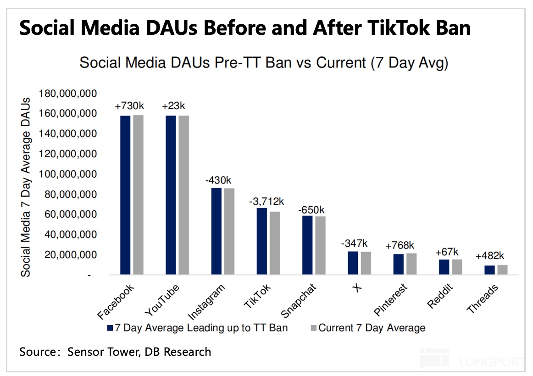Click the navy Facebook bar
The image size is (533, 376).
coord(125,195)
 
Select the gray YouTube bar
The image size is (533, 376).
coord(183,195)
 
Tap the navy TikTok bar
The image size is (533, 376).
coord(261,241)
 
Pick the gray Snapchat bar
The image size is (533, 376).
coord(320,245)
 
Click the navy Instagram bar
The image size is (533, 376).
coord(216,231)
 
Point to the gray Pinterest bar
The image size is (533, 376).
coord(411,264)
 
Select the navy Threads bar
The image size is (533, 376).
coord(490,270)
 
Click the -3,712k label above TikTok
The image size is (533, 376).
coord(267,201)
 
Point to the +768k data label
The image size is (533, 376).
coord(400,245)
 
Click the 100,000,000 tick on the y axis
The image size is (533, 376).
coord(68,175)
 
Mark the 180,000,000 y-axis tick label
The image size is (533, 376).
coord(68,94)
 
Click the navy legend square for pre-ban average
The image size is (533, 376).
coord(110,328)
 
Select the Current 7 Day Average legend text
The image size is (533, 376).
coord(372,328)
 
